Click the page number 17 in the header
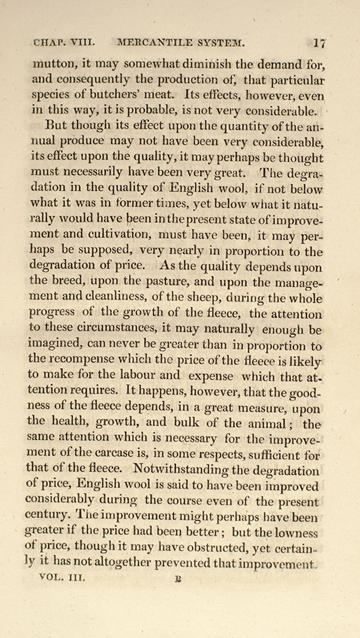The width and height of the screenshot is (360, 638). pyautogui.click(x=320, y=44)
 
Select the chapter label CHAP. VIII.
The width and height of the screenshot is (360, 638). pyautogui.click(x=64, y=45)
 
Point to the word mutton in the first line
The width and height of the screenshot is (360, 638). pyautogui.click(x=51, y=64)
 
